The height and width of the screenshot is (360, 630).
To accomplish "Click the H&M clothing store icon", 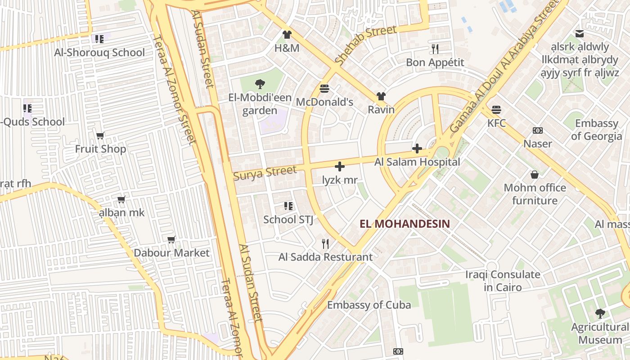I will point(287,34).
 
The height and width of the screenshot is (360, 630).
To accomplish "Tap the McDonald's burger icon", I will point(324,88).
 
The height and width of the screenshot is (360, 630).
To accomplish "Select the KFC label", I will point(496,123).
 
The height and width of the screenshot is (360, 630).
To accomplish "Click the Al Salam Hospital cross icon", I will point(417,148).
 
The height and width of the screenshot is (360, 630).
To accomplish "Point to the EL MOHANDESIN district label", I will point(405,223).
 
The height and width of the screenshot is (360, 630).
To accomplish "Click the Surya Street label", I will point(265,173).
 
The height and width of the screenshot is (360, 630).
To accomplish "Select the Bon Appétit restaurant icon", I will point(435,49).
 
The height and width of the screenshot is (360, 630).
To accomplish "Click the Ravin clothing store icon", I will point(381,96).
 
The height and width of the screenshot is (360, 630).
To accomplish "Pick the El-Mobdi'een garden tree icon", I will point(259,84).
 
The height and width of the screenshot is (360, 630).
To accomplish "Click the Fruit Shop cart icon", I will point(100,135).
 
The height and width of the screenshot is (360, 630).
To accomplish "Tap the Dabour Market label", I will point(171,252).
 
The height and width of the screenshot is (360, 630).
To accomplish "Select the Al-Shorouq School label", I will point(99,53).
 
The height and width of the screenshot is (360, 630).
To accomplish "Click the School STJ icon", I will point(288,206).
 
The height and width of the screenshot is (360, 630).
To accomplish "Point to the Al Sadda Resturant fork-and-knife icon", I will point(325,244).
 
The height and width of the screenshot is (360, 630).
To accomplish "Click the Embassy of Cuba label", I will point(369,305).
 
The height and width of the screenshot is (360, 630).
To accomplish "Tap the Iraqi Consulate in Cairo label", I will point(503,281).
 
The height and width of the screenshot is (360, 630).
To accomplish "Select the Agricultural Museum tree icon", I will point(600,313).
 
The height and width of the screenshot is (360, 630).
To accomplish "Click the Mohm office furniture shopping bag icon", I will point(535,174).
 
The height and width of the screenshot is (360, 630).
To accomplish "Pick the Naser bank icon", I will point(537,130).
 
